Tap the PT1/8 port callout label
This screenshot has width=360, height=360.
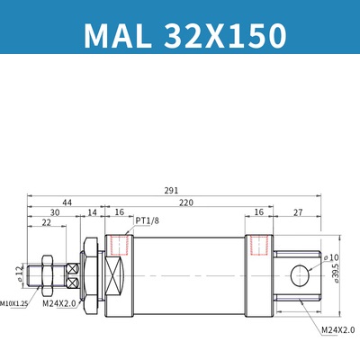tap(148, 220)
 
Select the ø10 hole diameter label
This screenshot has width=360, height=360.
tap(331, 256)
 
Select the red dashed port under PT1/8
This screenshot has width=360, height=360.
tap(117, 245)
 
